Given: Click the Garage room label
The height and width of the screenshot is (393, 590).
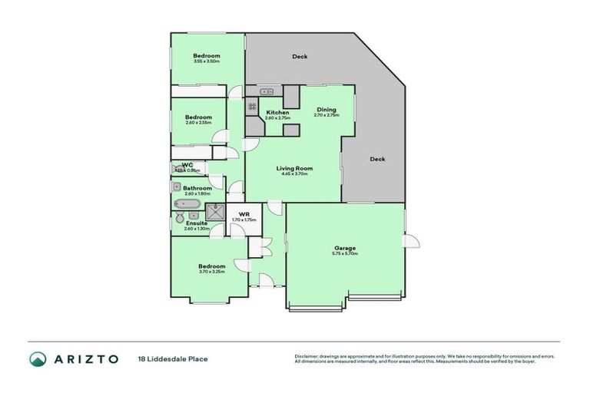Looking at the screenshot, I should tap(344, 247).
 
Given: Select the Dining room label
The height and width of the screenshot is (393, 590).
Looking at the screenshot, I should tap(326, 110).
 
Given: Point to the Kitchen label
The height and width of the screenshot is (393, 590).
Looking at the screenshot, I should tap(277, 113).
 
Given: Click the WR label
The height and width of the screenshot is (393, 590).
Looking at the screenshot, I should tap(244, 214).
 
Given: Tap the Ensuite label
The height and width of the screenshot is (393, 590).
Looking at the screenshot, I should tap(196, 223).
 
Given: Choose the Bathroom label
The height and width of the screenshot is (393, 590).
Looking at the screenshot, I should tap(197, 188).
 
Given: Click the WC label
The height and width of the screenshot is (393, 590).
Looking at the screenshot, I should tap(187, 164).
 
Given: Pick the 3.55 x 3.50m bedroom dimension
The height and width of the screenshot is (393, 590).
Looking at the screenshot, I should tap(207, 61).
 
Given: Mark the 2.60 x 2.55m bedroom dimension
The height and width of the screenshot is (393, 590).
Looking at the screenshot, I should tap(198, 123).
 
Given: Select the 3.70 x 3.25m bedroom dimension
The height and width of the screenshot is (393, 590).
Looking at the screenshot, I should tap(211, 272).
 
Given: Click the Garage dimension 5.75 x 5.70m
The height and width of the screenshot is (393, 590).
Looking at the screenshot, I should tap(345, 253).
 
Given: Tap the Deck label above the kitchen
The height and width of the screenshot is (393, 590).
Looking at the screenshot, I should tap(300, 57).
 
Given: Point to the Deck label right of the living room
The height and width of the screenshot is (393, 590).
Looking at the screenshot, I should tap(377, 160).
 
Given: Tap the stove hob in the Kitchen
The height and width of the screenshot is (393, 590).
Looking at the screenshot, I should tap(252, 107).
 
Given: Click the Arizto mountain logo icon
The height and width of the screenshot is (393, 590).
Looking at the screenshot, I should tap(38, 358).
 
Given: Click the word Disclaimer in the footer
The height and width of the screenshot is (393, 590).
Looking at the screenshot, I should tap(307, 357).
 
